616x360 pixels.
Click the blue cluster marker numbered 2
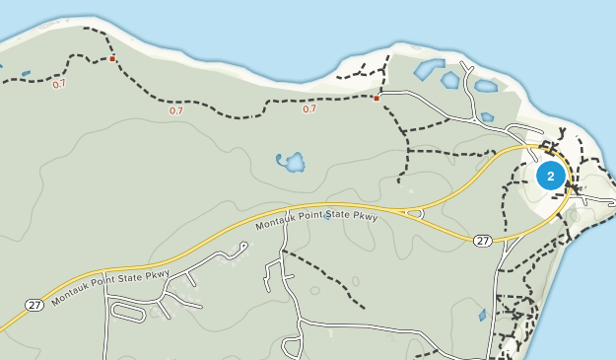550,176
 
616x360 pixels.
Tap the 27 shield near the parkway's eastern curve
482,241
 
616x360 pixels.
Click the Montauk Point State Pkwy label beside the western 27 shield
110,283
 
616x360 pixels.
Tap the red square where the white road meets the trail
376,98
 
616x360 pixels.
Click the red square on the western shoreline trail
113,59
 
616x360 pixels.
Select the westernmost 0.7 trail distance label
60,84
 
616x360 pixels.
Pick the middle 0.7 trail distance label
175,110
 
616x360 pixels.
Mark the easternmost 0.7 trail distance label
308,108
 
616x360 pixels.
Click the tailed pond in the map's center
291,161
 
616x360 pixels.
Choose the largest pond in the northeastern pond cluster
429,69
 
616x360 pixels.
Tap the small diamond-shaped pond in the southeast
482,316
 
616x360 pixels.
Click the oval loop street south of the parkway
129,312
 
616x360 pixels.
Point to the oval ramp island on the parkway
415,211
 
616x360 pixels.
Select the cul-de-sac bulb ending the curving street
292,347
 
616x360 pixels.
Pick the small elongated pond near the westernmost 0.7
25,73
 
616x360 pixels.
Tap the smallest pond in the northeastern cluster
487,117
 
